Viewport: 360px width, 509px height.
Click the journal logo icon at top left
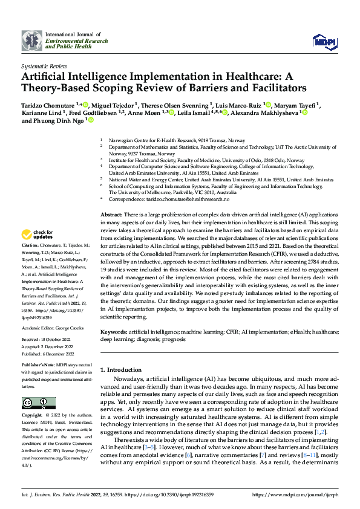(x=31, y=42)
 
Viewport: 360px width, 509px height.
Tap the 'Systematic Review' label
(x=44, y=66)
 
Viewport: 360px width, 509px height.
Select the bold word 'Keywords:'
(x=114, y=332)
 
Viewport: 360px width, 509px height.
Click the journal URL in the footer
(x=299, y=495)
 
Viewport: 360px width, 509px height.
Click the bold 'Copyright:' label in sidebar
(x=33, y=415)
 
